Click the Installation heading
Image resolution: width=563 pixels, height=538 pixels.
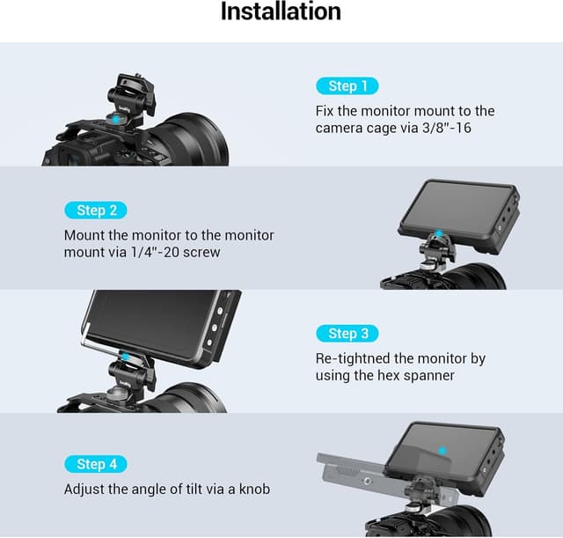[x=281, y=12]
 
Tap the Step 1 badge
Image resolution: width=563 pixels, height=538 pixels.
[x=347, y=85]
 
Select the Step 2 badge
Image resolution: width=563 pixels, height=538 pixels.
[x=96, y=210]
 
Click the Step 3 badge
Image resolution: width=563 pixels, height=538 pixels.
[x=347, y=333]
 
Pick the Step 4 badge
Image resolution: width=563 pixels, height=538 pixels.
[x=96, y=464]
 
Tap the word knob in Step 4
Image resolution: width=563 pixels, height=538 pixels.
[x=252, y=489]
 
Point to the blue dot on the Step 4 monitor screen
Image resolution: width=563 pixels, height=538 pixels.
[x=442, y=450]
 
